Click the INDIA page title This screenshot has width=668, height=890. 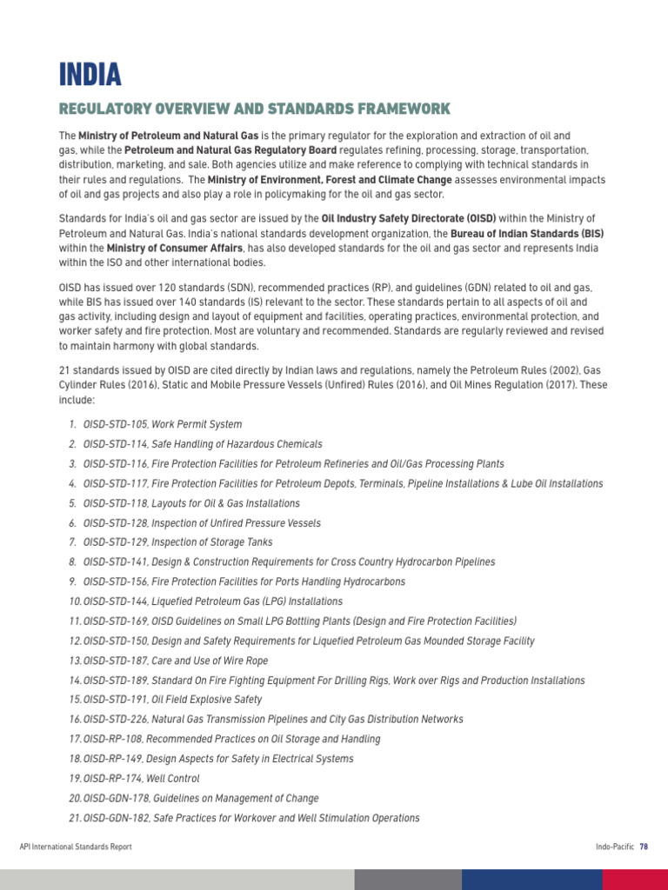point(90,75)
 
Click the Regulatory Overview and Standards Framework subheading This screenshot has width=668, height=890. point(254,109)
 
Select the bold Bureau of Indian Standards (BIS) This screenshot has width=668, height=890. point(527,234)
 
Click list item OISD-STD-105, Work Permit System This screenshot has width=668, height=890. point(163,424)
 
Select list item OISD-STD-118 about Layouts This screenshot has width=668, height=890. point(191,503)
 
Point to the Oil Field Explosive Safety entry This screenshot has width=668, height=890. point(172,700)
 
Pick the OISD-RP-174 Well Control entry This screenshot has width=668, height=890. point(141,779)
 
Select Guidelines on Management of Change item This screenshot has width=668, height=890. point(201,798)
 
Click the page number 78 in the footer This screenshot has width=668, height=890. point(644,846)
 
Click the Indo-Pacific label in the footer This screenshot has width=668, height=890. point(614,846)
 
